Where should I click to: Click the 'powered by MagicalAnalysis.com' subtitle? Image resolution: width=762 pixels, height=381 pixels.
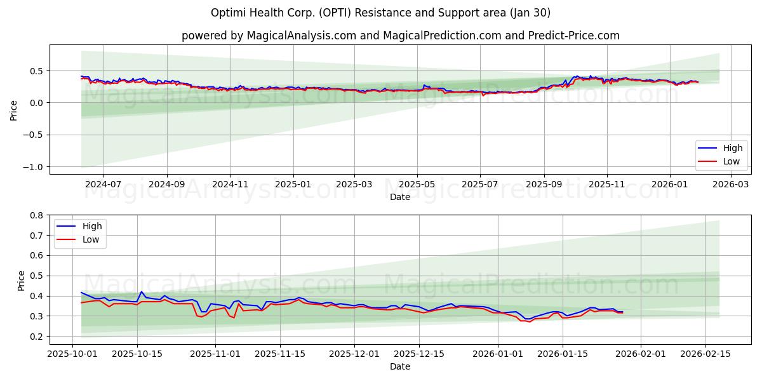click(x=400, y=36)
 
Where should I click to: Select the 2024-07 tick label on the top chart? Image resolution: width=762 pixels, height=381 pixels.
click(x=103, y=184)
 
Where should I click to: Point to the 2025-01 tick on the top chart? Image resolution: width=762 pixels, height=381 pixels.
click(x=293, y=184)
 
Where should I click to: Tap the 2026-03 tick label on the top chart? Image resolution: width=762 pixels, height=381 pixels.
click(x=732, y=184)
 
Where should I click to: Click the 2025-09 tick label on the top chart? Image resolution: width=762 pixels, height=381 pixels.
click(x=544, y=184)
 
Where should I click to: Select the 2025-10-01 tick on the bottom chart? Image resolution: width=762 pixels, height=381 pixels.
click(x=72, y=354)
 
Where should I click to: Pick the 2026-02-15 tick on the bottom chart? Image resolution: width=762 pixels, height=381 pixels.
click(x=705, y=354)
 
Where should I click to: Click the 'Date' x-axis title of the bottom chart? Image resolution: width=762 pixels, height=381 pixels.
click(x=400, y=366)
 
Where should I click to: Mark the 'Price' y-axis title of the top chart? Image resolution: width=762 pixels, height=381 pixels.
click(x=14, y=109)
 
